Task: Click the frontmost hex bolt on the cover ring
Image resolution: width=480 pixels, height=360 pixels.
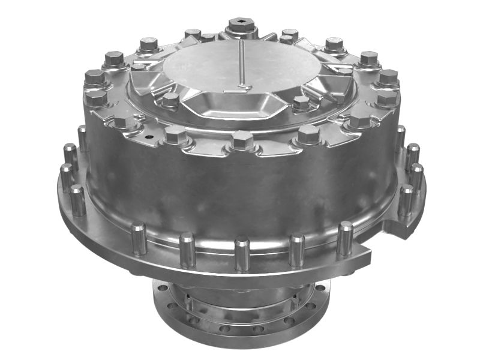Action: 242,142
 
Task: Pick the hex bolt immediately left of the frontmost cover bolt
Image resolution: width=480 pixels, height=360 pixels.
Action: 176,134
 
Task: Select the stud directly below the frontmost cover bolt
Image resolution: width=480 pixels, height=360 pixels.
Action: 242,252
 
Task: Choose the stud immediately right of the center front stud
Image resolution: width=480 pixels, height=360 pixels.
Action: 296,249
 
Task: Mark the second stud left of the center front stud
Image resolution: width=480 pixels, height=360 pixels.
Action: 139,237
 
